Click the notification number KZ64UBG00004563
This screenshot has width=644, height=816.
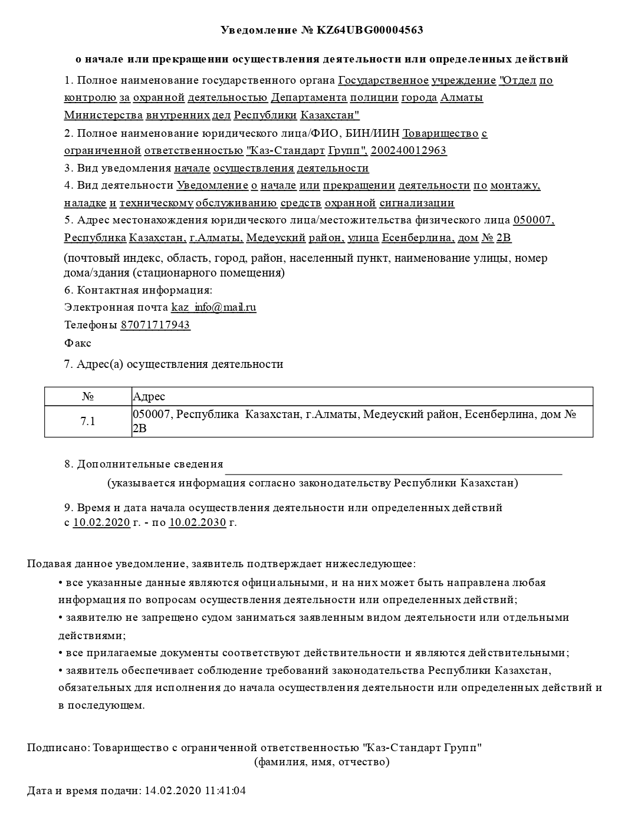click(x=370, y=30)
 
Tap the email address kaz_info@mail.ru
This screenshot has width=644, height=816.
click(x=213, y=307)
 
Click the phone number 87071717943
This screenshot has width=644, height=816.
click(x=155, y=325)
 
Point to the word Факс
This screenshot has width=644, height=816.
click(x=77, y=343)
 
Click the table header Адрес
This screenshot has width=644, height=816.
click(x=149, y=396)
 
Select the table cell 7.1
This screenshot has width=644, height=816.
click(x=88, y=421)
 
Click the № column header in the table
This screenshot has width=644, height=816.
click(x=88, y=396)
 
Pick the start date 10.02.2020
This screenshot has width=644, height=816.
click(x=101, y=522)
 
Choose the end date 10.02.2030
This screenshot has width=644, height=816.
click(x=197, y=522)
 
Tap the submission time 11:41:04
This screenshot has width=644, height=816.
click(x=225, y=790)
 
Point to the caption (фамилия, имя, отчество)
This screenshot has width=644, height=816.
click(x=321, y=762)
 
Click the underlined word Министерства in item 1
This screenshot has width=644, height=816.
click(x=103, y=115)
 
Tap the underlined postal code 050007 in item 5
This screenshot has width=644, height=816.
click(x=534, y=221)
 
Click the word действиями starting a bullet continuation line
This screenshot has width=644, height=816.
click(x=91, y=636)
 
